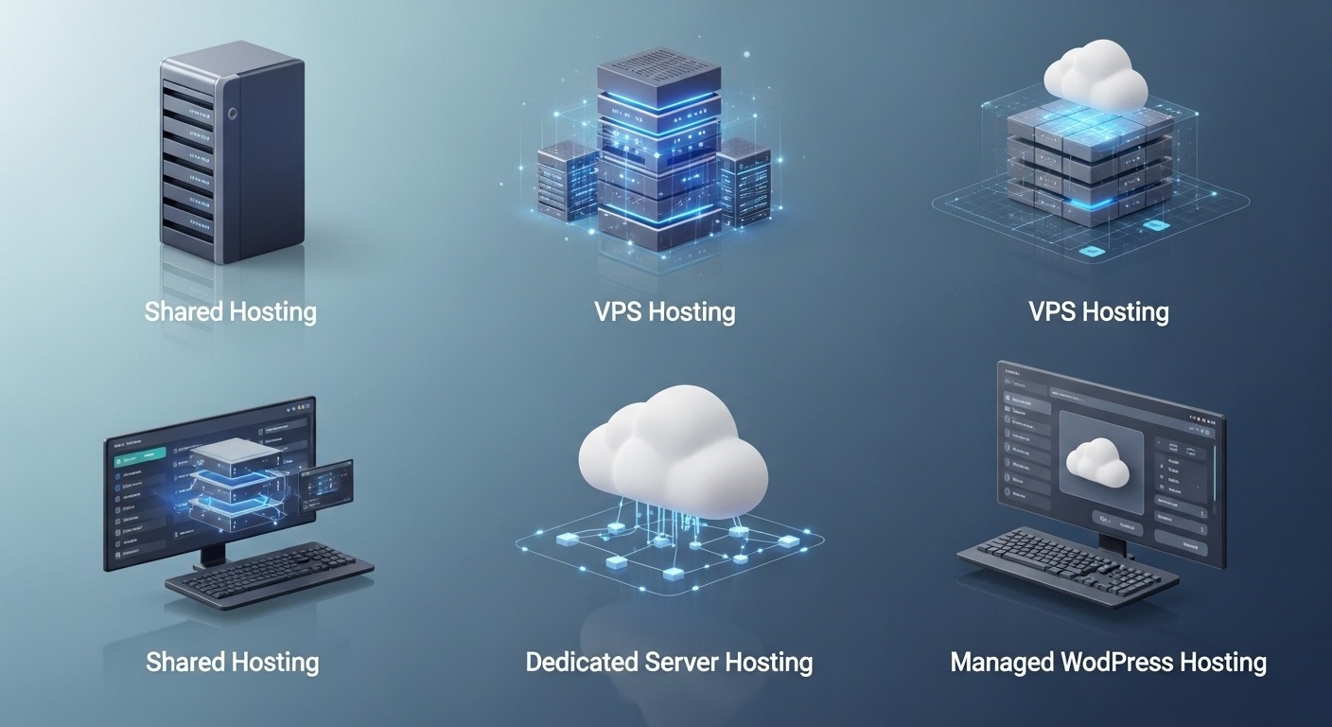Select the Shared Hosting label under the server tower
[230, 311]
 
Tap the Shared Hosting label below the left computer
[232, 662]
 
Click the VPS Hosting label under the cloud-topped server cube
[1098, 311]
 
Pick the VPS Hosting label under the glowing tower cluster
[665, 311]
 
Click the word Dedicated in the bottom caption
[581, 662]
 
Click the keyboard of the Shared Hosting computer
[269, 572]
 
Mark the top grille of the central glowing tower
[658, 74]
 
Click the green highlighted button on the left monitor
[139, 458]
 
